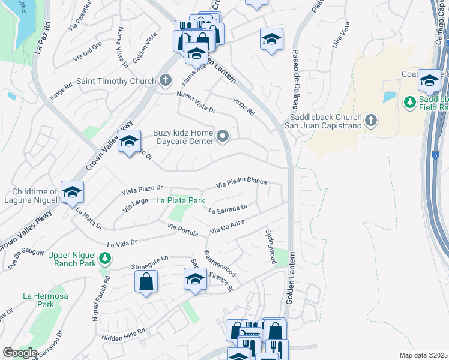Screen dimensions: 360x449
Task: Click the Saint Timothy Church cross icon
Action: [166, 81]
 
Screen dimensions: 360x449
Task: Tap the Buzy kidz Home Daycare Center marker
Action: [223, 137]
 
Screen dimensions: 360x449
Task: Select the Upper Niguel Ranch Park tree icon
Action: [106, 259]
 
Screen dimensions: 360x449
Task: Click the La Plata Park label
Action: [181, 200]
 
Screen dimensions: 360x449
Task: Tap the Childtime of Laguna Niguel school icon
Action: [72, 192]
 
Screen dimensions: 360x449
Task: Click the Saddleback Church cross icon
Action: [371, 121]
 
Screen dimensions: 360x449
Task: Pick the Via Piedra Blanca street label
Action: [241, 182]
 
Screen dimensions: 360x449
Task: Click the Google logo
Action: [20, 353]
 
